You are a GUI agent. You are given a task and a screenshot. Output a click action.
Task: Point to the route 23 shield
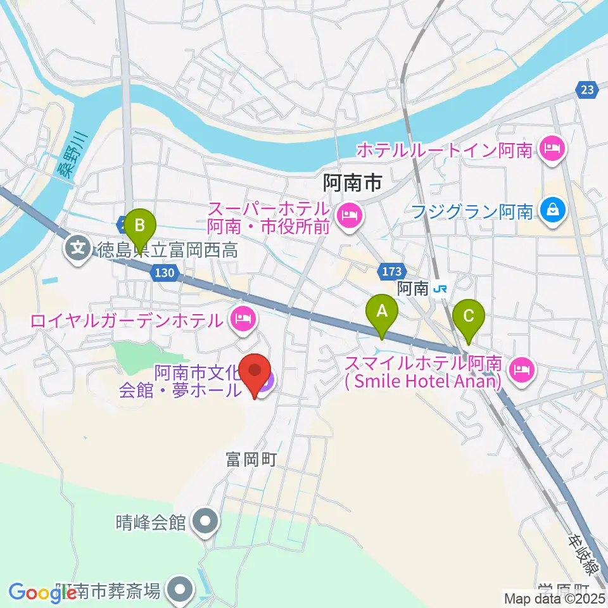click(587, 90)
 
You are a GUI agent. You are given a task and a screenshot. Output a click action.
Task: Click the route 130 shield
click(163, 273)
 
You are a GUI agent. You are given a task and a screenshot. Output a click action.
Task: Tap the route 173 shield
click(389, 272)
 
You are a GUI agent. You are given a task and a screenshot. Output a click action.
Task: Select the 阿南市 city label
click(352, 184)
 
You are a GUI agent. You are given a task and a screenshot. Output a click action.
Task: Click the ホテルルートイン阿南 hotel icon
click(552, 150)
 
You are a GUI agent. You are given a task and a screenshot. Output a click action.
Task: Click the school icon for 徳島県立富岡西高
click(78, 246)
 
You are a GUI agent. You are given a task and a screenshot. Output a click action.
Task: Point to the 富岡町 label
click(251, 460)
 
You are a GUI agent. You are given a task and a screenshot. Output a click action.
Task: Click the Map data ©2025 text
click(554, 598)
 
